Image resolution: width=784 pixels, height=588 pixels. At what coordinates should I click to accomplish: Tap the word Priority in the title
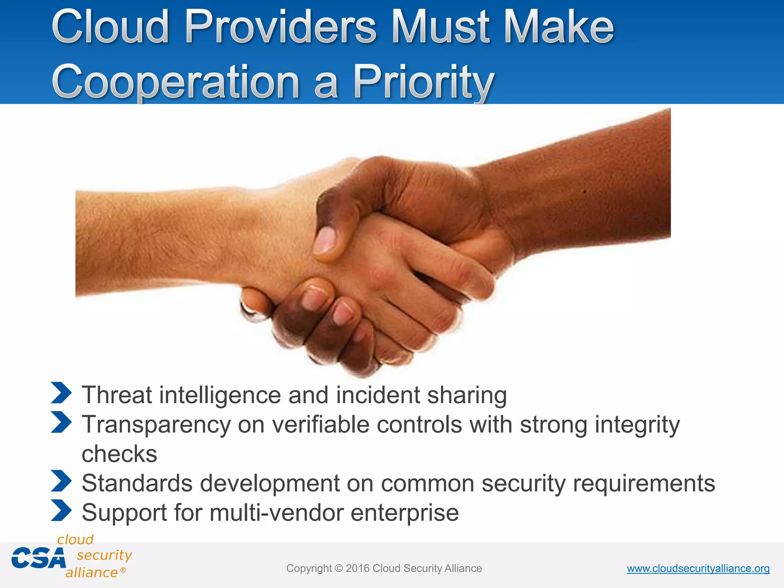coord(423,82)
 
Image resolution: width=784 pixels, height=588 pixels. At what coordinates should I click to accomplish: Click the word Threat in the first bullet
coord(117,395)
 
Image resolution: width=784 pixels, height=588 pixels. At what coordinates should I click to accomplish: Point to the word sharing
coord(467,395)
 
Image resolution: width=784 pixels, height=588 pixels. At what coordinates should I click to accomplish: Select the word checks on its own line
coord(119,454)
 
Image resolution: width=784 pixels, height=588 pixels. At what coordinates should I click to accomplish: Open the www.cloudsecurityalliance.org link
coord(698,568)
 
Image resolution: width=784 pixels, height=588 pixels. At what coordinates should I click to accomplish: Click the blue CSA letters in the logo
coord(38,558)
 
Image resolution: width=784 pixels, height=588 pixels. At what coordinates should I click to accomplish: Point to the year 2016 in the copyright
coord(357,568)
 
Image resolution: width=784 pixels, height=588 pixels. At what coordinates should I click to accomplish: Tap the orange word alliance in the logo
coord(91,573)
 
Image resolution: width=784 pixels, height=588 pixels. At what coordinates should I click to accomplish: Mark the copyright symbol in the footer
coord(339,568)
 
